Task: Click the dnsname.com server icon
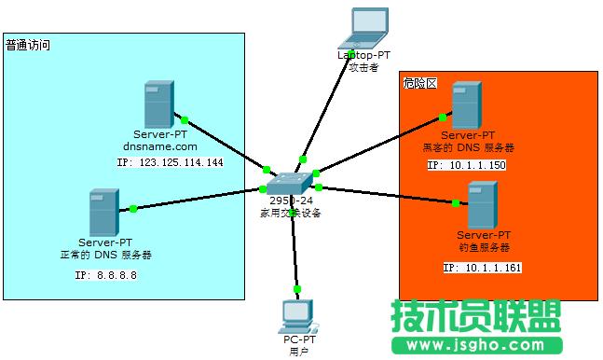158,104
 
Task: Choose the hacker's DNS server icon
465,105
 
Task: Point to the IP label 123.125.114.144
171,162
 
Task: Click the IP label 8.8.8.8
105,276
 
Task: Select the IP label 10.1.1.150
466,165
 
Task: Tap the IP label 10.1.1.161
482,268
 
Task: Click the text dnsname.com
160,147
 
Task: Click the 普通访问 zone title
27,45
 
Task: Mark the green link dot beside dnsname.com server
185,119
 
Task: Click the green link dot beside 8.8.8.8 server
134,208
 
